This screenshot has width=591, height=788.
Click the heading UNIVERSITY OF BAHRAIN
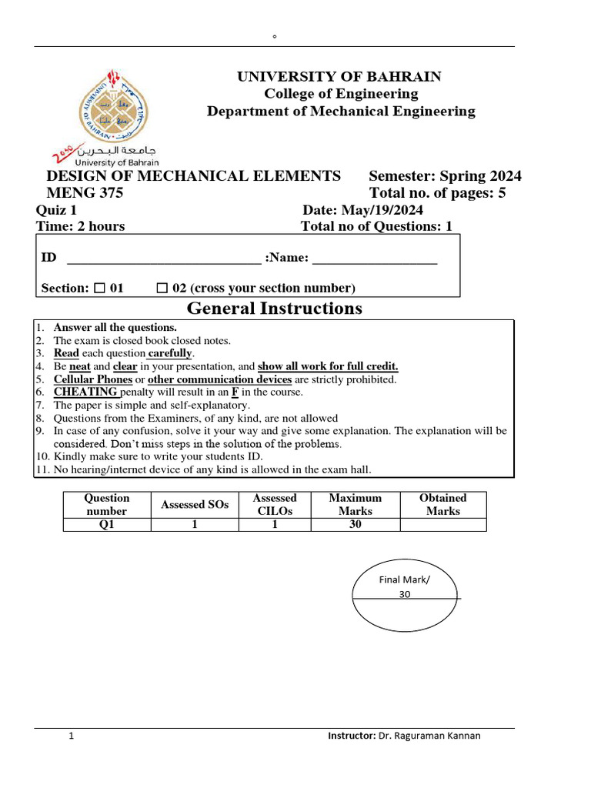click(x=339, y=76)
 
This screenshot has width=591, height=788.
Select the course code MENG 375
click(x=85, y=193)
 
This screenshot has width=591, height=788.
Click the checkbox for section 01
click(x=99, y=289)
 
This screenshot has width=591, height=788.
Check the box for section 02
click(x=162, y=289)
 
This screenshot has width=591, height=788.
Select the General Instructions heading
click(x=274, y=309)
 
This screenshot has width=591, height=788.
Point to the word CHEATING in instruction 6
click(x=85, y=392)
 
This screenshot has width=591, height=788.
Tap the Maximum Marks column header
click(x=355, y=504)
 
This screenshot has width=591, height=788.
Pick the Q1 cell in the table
click(x=107, y=525)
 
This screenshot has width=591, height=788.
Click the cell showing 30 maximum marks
click(x=355, y=525)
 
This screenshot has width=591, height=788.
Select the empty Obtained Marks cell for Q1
click(x=442, y=525)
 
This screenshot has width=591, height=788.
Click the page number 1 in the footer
click(x=72, y=736)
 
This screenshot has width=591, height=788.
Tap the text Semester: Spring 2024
click(x=445, y=176)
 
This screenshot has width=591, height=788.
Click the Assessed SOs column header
click(x=195, y=504)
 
